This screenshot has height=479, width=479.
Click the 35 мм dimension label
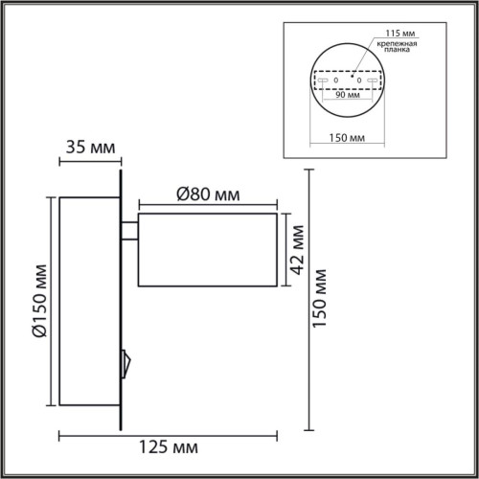pos(90,148)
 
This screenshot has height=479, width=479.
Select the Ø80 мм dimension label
pos(207,195)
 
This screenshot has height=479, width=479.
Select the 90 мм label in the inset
pos(346,95)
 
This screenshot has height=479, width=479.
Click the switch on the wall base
pos(124,362)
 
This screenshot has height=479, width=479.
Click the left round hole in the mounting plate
pos(334,80)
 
